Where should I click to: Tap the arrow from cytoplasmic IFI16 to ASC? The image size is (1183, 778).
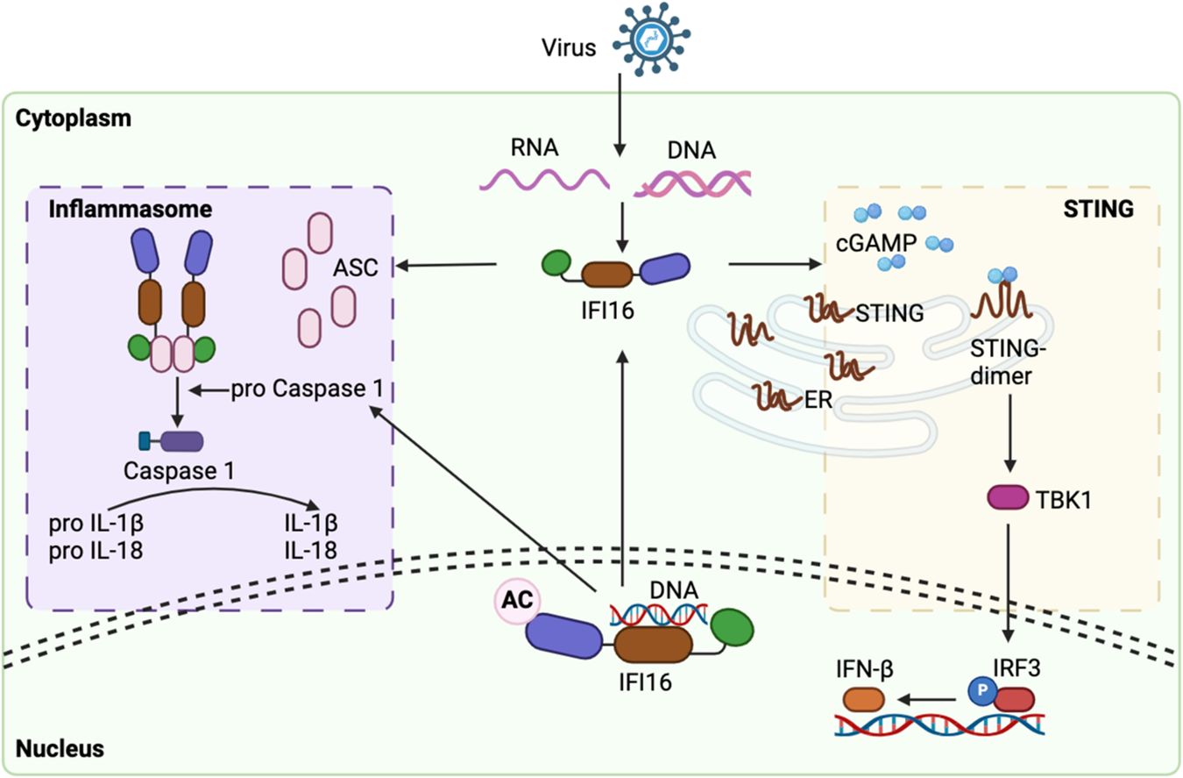pos(446,264)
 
